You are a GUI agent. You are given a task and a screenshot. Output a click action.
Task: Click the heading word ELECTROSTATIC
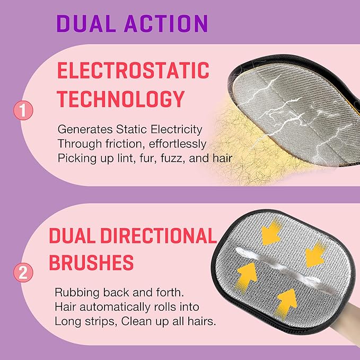133,71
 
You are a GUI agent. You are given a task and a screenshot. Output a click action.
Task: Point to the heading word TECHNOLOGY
121,99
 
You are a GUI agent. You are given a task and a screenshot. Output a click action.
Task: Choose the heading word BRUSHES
91,262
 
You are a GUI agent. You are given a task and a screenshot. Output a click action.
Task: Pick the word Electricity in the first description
177,129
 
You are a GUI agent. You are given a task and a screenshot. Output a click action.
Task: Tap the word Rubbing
77,292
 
